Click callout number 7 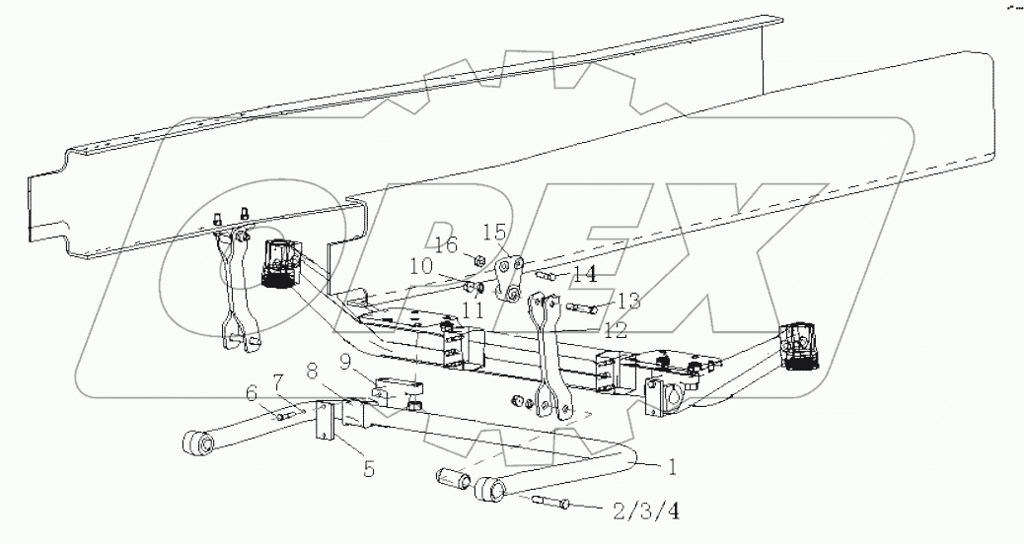pos(278,381)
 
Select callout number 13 pos(628,300)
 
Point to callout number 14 pos(584,273)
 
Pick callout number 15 pos(493,233)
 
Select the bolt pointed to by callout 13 pos(583,308)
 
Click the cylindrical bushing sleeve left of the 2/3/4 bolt pos(453,481)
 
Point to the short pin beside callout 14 pos(549,277)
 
